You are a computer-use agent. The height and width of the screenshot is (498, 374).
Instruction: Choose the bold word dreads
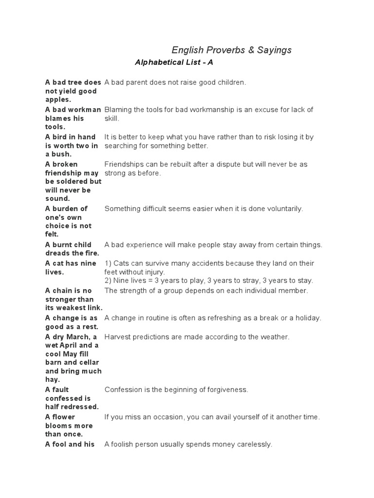57,253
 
